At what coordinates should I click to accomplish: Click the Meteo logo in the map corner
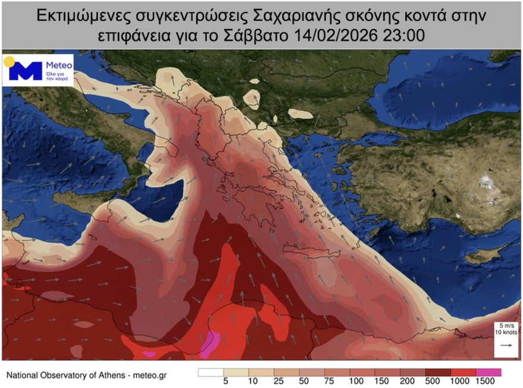pyautogui.click(x=38, y=70)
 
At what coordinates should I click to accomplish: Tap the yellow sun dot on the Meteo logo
pyautogui.click(x=9, y=61)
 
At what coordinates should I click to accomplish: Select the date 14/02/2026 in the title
pyautogui.click(x=337, y=35)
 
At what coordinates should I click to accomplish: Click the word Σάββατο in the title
pyautogui.click(x=261, y=35)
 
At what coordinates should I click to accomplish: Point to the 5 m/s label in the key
pyautogui.click(x=506, y=325)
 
